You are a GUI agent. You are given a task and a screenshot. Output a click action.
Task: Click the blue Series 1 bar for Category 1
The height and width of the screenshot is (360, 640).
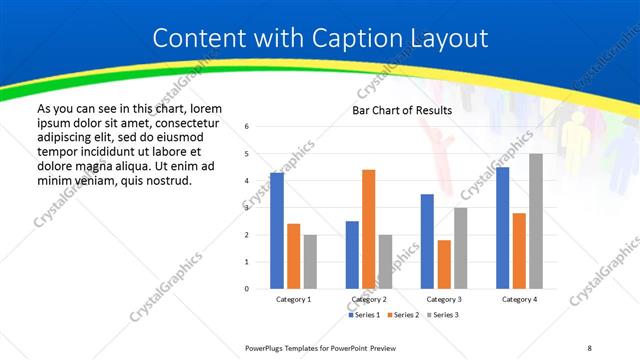coord(277,231)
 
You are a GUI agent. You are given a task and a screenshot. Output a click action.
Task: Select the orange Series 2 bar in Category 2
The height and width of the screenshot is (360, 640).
coord(368,229)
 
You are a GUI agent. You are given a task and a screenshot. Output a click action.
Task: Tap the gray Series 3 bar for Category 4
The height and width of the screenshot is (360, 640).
coord(536,221)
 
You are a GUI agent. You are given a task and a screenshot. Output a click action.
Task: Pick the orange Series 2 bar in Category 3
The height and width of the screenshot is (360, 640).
coord(444,264)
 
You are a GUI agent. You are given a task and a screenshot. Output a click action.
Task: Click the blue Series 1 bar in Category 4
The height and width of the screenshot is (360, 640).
coord(502,228)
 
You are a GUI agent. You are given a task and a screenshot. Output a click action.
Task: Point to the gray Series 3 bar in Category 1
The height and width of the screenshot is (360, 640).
coord(310,262)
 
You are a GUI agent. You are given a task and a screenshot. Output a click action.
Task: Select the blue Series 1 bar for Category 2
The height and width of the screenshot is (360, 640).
coord(352,255)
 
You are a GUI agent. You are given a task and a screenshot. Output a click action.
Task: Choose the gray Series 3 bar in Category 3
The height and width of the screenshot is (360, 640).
coord(460,248)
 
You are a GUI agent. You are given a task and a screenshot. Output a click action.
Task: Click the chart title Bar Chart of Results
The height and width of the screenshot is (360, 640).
coord(402,110)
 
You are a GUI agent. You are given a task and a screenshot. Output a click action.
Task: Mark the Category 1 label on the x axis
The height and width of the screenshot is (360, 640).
coord(293,299)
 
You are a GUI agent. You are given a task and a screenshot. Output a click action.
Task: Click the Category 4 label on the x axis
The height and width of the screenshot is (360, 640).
coord(519,299)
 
